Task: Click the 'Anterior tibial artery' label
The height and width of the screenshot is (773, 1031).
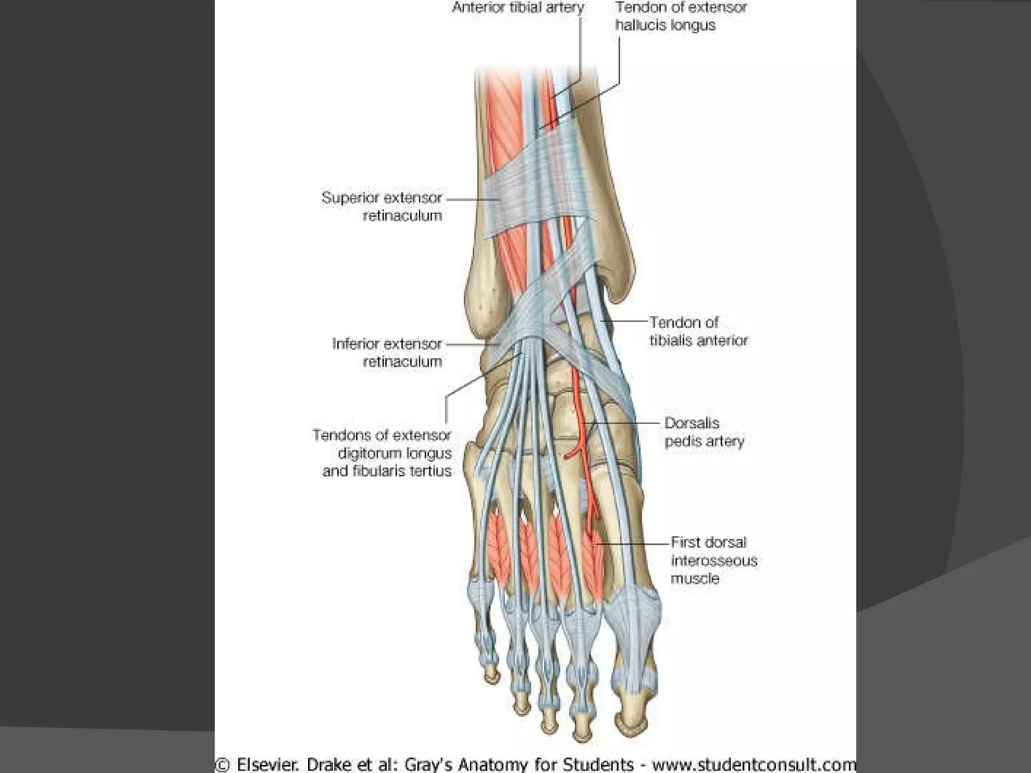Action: point(518,8)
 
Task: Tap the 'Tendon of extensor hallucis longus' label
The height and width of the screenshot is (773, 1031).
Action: point(680,16)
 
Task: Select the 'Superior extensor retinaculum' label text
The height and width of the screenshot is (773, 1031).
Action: point(382,206)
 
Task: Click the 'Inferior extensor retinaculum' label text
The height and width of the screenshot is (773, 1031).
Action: point(387,352)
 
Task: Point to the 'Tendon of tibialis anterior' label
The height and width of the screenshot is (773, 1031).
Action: point(698,331)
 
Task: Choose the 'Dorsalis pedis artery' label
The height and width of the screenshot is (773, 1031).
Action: point(704,432)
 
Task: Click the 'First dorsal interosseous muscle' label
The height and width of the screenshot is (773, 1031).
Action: point(713,560)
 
